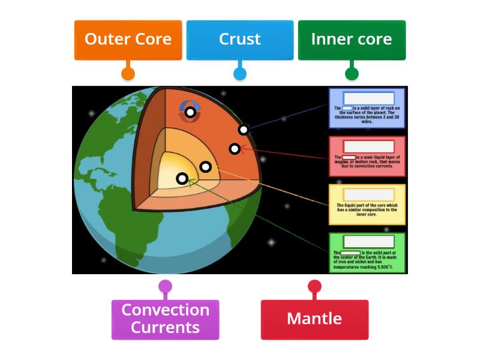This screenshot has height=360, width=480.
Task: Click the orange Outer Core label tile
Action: tap(128, 40)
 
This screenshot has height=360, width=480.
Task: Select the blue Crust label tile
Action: tap(239, 40)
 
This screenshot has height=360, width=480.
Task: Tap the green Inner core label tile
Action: tap(352, 40)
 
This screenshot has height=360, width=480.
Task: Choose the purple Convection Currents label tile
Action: tap(165, 319)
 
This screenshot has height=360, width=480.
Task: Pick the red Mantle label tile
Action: tap(314, 319)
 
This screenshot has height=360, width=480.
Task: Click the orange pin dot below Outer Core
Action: tap(128, 74)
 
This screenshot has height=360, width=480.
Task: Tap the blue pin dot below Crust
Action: tap(239, 74)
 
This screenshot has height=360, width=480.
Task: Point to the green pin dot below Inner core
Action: tap(352, 74)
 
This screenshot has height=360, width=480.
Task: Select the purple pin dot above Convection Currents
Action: tap(165, 286)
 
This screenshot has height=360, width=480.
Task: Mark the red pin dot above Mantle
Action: tap(314, 286)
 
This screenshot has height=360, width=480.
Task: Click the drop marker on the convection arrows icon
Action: tap(190, 112)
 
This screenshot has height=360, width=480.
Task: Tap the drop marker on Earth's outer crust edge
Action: tap(243, 130)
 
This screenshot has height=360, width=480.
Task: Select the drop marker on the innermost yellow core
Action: tap(182, 178)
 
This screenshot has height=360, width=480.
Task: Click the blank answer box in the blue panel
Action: tap(368, 98)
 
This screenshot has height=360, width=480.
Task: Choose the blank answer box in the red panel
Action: tap(368, 146)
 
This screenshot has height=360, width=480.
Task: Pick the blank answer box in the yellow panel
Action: tap(368, 194)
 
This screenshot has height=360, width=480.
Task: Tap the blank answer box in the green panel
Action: tap(368, 242)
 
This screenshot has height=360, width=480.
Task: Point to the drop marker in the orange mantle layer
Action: tap(235, 148)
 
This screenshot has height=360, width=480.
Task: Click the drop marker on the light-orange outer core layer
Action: tap(205, 167)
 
